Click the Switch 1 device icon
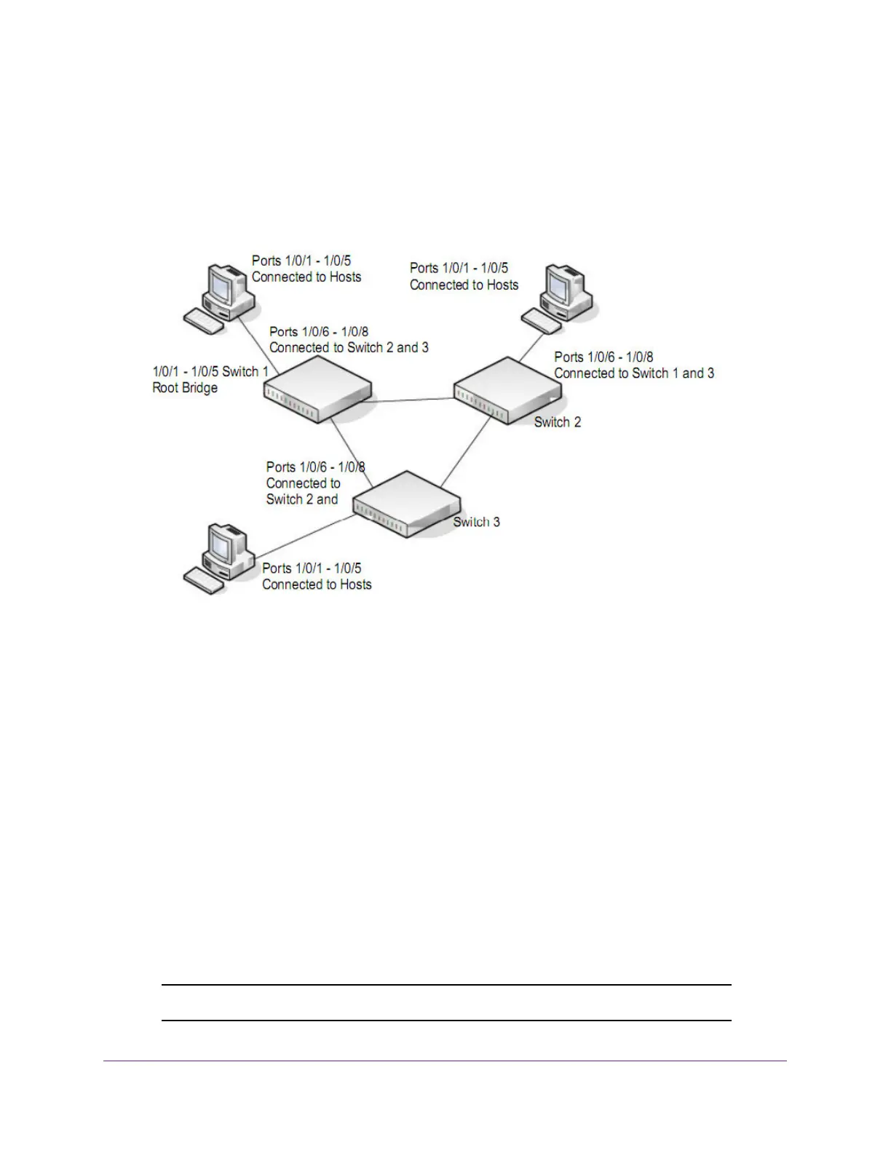point(317,392)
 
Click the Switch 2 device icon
point(508,390)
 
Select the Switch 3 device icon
point(406,504)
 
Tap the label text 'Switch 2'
point(558,422)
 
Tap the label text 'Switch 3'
point(477,522)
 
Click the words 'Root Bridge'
point(185,388)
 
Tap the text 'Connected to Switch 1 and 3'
point(634,373)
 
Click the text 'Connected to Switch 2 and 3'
point(349,348)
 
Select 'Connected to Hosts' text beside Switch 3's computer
point(317,585)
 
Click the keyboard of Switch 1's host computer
point(204,321)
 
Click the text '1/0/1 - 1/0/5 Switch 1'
point(210,372)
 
